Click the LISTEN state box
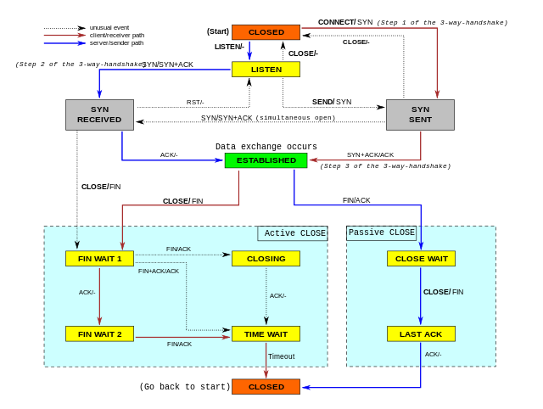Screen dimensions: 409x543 266,70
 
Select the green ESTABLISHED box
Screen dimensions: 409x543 266,160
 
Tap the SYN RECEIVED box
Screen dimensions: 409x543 99,115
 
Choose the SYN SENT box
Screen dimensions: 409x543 420,115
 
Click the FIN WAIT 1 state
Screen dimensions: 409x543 99,259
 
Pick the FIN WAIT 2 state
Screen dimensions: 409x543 99,334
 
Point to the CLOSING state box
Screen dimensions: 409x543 266,259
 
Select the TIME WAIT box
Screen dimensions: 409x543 266,334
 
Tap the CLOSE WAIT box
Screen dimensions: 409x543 421,259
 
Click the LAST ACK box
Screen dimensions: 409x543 421,334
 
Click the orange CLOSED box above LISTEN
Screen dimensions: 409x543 266,32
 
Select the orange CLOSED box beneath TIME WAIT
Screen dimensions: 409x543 266,387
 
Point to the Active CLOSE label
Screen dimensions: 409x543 294,233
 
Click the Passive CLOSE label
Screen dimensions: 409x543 382,233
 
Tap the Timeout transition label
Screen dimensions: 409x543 282,356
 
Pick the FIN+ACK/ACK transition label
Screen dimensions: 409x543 159,271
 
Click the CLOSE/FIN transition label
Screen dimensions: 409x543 443,292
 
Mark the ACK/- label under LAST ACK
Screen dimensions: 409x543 433,355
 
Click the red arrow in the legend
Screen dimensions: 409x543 64,36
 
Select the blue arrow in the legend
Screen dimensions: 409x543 64,42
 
